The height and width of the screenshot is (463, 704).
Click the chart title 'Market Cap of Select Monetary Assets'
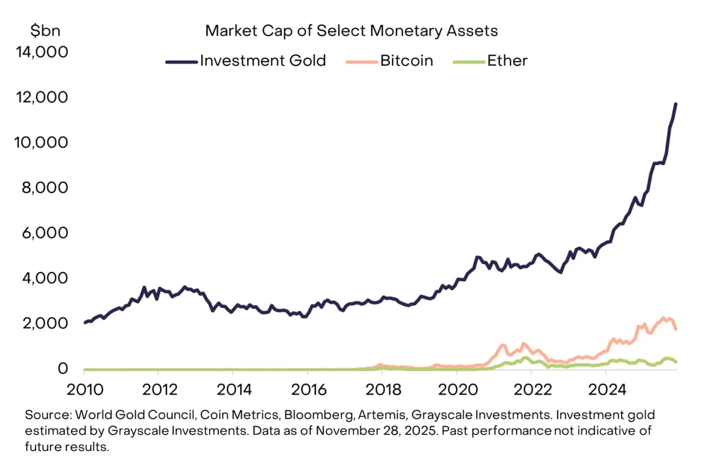(351, 30)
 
